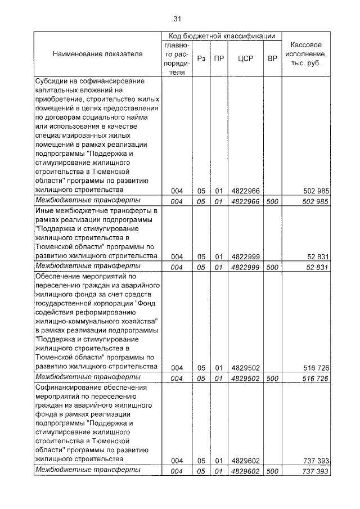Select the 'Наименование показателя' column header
tap(97, 54)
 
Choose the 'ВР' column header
tap(272, 58)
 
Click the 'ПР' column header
tap(218, 58)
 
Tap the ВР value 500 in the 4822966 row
tap(272, 201)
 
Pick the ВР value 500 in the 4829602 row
tap(272, 471)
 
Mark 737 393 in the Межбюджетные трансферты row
tap(314, 471)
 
